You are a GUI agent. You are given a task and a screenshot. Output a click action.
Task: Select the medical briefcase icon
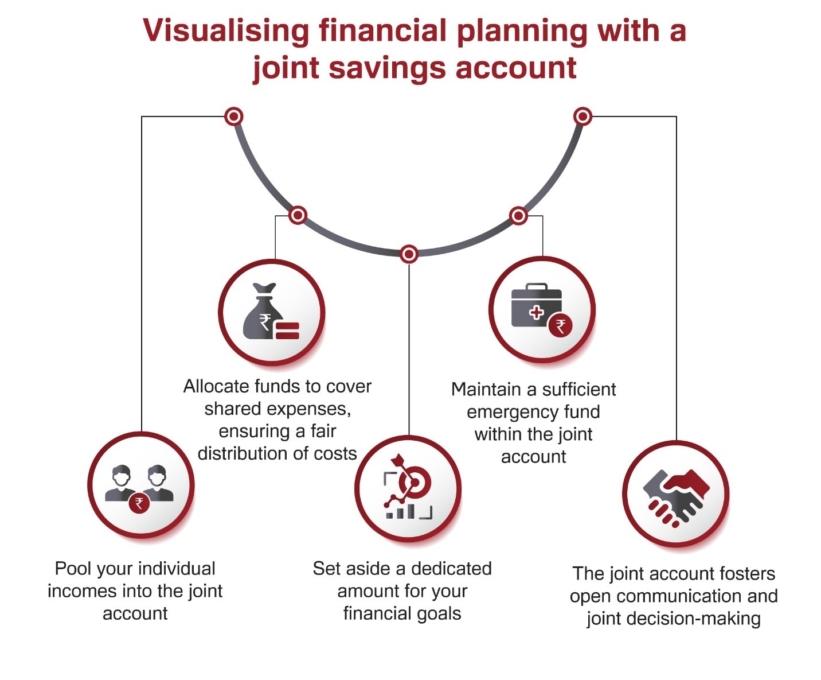(537, 306)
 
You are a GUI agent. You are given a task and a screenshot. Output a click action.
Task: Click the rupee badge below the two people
(139, 503)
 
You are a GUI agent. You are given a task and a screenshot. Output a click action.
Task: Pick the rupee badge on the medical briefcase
(560, 327)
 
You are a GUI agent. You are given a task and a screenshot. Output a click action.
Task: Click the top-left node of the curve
(233, 116)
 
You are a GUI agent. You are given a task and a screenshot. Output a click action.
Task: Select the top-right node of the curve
(582, 116)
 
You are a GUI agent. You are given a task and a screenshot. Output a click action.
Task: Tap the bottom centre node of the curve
(409, 254)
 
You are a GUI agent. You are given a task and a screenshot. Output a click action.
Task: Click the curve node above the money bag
(298, 215)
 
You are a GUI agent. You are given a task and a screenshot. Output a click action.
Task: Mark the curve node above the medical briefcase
(518, 216)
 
